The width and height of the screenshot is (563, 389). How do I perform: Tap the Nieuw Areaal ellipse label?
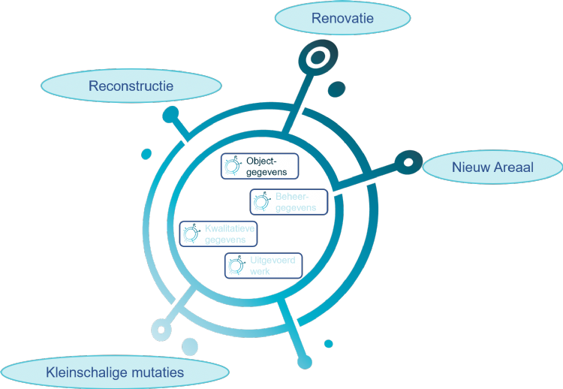[x=492, y=167]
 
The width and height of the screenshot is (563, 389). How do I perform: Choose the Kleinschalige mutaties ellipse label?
[x=114, y=372]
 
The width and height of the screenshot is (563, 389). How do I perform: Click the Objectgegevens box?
[x=259, y=166]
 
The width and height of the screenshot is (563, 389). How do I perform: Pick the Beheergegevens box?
[x=289, y=202]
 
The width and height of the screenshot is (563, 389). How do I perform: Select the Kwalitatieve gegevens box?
[x=218, y=234]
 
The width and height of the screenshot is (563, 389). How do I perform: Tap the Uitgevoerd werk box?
[x=263, y=265]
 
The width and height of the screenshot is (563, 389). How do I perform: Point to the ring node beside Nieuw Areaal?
[x=408, y=161]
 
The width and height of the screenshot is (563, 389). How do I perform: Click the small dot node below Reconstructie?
[x=171, y=114]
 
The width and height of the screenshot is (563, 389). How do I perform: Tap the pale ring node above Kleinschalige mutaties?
[x=160, y=328]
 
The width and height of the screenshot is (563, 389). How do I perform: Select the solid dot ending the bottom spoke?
[x=304, y=363]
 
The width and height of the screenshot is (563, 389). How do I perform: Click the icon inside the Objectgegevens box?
[x=233, y=165]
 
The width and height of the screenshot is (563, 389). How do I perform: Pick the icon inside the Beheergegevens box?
[x=261, y=201]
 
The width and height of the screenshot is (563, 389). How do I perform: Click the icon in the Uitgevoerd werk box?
[x=237, y=264]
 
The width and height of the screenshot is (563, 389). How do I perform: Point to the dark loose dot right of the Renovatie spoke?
[x=336, y=89]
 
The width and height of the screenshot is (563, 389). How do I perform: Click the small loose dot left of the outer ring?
[x=146, y=154]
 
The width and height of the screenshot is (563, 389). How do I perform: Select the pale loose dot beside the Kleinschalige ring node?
[x=190, y=346]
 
